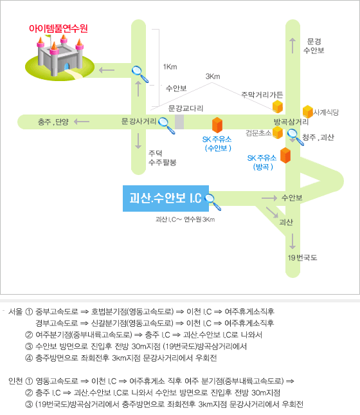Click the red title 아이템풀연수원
pyautogui.click(x=59, y=28)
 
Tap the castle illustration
pyautogui.click(x=60, y=57)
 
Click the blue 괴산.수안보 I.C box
pyautogui.click(x=166, y=199)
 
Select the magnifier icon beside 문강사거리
pyautogui.click(x=166, y=125)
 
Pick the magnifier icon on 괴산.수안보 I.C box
pyautogui.click(x=213, y=202)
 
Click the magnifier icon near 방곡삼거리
pyautogui.click(x=296, y=137)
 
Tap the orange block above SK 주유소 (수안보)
pyautogui.click(x=217, y=125)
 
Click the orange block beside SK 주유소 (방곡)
pyautogui.click(x=285, y=155)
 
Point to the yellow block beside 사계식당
pyautogui.click(x=308, y=111)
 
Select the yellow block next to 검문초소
pyautogui.click(x=278, y=133)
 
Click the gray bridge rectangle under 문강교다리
pyautogui.click(x=179, y=122)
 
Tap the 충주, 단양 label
pyautogui.click(x=53, y=122)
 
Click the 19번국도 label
pyautogui.click(x=302, y=257)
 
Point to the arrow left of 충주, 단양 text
pyautogui.click(x=82, y=122)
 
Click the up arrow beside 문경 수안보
pyautogui.click(x=292, y=46)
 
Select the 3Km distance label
pyautogui.click(x=213, y=77)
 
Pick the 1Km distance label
pyautogui.click(x=170, y=67)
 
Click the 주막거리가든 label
pyautogui.click(x=262, y=95)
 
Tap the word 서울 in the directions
pyautogui.click(x=15, y=311)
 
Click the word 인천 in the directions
pyautogui.click(x=15, y=381)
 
